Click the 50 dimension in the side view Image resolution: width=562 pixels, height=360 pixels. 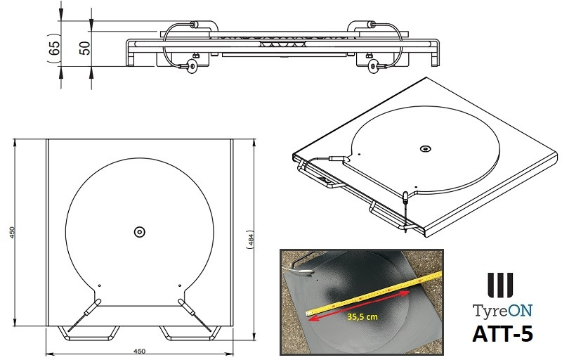click(85, 48)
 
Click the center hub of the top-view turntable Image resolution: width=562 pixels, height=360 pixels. click(138, 231)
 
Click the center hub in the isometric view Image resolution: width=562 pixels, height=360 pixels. click(424, 148)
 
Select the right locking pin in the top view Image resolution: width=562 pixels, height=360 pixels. click(188, 307)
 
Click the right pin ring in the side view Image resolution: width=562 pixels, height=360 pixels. click(374, 66)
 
